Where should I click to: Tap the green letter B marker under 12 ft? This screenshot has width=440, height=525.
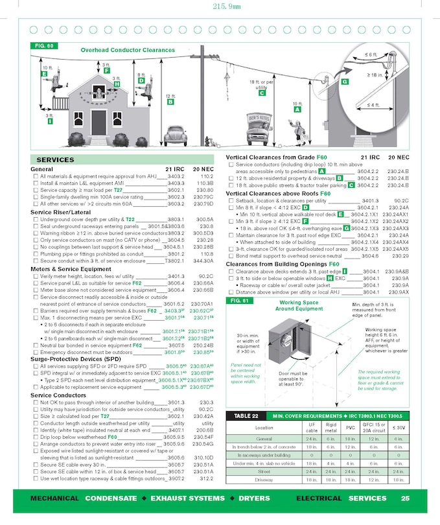click(x=170, y=102)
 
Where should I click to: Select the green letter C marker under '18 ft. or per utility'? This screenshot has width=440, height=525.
click(x=262, y=93)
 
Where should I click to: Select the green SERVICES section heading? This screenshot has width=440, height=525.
click(x=55, y=159)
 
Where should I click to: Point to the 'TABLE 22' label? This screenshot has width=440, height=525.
click(x=246, y=415)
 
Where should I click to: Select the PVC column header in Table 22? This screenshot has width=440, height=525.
click(x=351, y=427)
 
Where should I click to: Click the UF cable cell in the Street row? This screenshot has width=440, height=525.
click(x=311, y=472)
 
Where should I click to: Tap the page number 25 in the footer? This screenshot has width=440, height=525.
click(x=405, y=498)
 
